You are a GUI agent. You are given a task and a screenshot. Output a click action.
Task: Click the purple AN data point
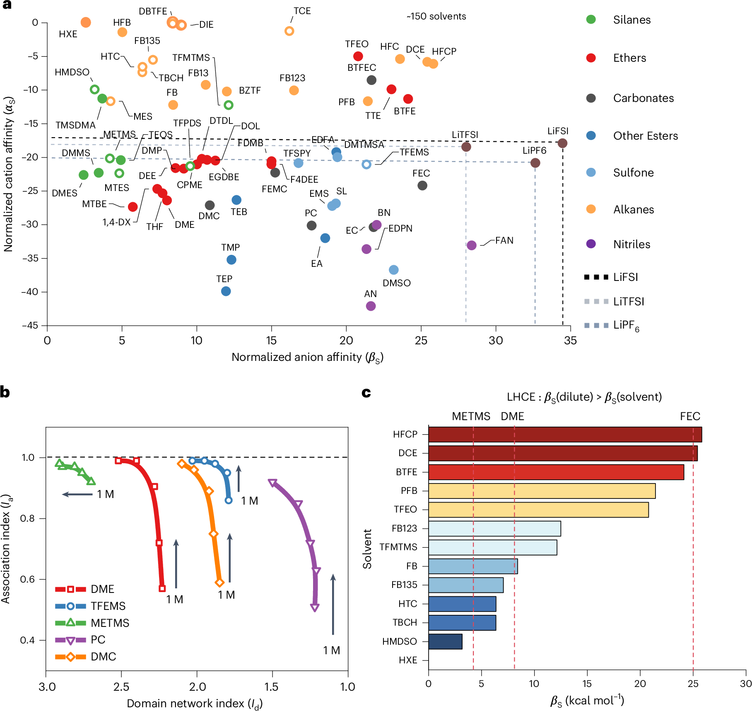[x=371, y=306]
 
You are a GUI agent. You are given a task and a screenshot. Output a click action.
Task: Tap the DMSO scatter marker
[x=393, y=270]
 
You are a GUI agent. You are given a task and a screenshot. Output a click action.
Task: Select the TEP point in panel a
[x=226, y=291]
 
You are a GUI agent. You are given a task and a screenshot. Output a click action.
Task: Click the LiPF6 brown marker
[x=535, y=163]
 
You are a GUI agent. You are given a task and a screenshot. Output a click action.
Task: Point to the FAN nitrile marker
[x=471, y=245]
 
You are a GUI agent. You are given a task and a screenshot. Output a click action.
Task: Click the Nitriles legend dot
[x=591, y=244]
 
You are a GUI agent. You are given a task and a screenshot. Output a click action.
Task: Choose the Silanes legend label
[x=631, y=20]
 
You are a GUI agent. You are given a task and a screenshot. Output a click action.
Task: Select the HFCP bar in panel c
[x=565, y=434]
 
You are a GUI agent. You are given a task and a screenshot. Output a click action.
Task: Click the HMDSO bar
[x=445, y=641]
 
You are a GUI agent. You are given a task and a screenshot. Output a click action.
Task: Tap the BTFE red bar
[x=556, y=472]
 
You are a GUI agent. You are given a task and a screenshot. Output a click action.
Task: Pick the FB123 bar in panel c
[x=494, y=528]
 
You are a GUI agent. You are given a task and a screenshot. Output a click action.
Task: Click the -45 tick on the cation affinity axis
[x=30, y=326]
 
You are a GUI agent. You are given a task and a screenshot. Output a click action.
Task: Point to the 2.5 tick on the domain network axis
[x=121, y=687]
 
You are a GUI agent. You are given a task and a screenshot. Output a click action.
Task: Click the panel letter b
[x=5, y=392]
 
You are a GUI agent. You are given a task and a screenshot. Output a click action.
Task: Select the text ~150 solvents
[x=436, y=17]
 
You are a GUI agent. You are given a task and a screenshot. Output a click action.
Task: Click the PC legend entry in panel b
[x=98, y=640]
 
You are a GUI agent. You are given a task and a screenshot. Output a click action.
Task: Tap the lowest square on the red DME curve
[x=162, y=588]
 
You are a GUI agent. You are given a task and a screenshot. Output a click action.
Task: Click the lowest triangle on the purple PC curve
[x=315, y=608]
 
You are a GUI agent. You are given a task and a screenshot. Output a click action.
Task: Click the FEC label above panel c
[x=690, y=416]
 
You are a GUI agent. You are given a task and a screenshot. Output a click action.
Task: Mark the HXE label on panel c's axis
[x=408, y=660]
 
